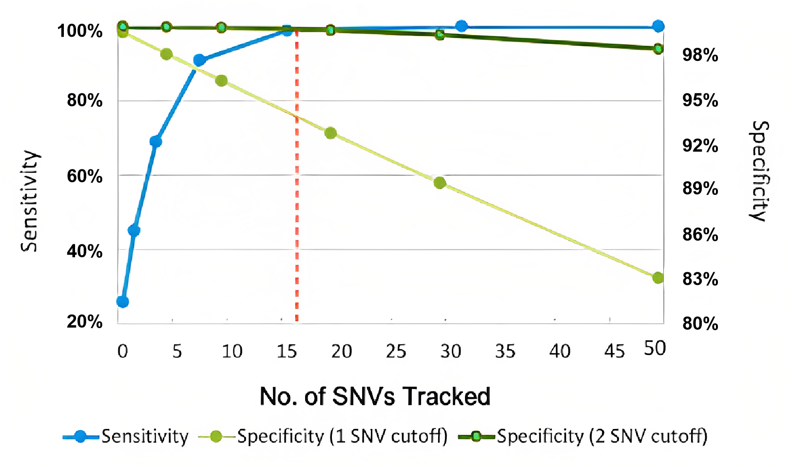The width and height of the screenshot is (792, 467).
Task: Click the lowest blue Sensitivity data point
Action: (x=123, y=302)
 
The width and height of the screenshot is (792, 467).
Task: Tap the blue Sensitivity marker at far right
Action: (x=658, y=26)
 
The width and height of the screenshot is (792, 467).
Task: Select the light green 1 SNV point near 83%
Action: (x=658, y=278)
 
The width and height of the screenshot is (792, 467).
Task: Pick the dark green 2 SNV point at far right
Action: (x=658, y=49)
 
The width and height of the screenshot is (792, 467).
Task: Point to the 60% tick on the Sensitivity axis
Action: (x=85, y=176)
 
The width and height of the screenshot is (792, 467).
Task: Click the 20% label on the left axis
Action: (x=85, y=321)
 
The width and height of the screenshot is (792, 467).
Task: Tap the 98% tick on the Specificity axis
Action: (x=700, y=55)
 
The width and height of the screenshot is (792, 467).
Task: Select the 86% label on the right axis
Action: (x=700, y=235)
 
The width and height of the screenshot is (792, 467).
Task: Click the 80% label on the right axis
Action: (x=700, y=323)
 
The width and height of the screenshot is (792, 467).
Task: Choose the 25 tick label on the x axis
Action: (x=396, y=351)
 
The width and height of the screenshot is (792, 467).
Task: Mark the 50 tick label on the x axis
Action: (x=655, y=349)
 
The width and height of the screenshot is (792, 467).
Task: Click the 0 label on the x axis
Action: (x=123, y=351)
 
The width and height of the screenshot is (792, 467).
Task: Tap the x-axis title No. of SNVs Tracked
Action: (x=375, y=396)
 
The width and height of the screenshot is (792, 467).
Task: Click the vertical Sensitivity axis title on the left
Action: (x=30, y=201)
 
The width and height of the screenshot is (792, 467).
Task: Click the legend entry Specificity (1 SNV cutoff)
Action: (x=342, y=436)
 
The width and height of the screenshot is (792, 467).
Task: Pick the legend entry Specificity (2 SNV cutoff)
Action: (x=602, y=436)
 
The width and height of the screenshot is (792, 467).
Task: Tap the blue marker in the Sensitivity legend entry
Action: (x=81, y=437)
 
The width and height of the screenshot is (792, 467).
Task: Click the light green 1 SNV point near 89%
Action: (x=440, y=183)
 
